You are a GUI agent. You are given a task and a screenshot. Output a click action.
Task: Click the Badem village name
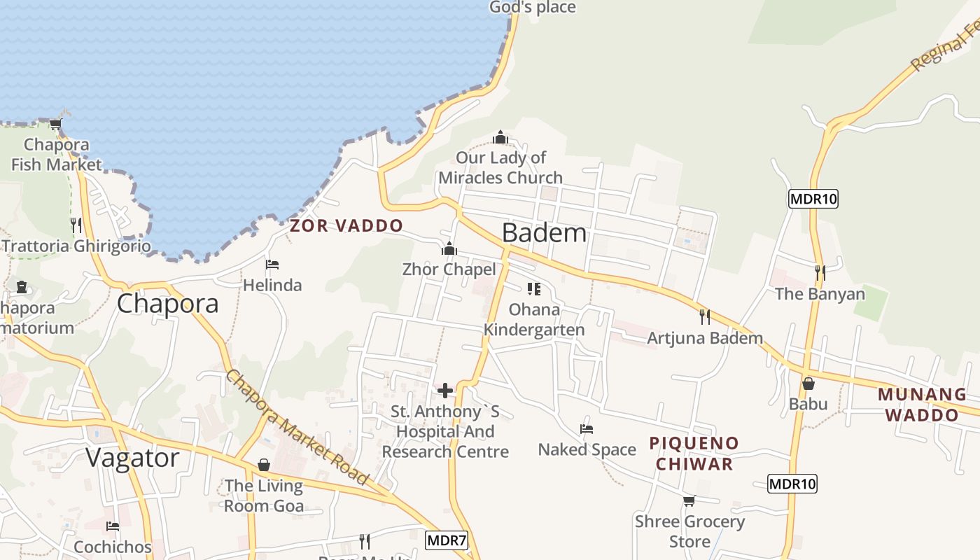(x=544, y=232)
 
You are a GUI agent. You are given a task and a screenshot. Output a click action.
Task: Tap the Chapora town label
(x=167, y=303)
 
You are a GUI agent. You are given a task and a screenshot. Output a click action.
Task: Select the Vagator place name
(x=132, y=458)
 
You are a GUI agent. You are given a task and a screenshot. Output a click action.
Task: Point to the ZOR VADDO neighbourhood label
(x=346, y=225)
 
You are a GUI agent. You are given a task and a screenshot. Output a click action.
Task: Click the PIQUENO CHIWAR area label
(x=694, y=453)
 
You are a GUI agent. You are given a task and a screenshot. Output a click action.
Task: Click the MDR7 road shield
(x=446, y=540)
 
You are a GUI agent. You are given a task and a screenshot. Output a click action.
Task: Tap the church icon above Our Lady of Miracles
(x=500, y=137)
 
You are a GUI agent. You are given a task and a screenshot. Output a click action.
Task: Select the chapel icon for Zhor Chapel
(x=449, y=249)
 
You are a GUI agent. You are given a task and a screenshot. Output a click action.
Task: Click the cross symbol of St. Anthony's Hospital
(x=444, y=391)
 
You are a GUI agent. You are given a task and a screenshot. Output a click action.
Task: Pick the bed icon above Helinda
(x=272, y=265)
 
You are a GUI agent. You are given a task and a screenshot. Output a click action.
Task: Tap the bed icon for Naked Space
(x=587, y=428)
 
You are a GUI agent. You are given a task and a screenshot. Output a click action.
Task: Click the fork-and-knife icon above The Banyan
(x=820, y=273)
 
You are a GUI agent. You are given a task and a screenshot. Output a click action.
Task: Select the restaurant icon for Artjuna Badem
(x=705, y=317)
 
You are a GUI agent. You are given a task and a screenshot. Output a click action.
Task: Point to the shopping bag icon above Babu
(x=808, y=384)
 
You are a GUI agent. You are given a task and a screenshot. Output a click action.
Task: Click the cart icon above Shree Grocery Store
(x=689, y=500)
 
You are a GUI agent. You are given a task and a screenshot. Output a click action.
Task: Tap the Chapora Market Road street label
(x=297, y=428)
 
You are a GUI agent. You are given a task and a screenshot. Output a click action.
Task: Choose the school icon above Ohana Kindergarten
(x=534, y=288)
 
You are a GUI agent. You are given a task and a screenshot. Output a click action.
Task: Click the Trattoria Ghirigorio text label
(x=76, y=246)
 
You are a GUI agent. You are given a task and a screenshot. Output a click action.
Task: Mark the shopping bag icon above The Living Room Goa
(x=264, y=465)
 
